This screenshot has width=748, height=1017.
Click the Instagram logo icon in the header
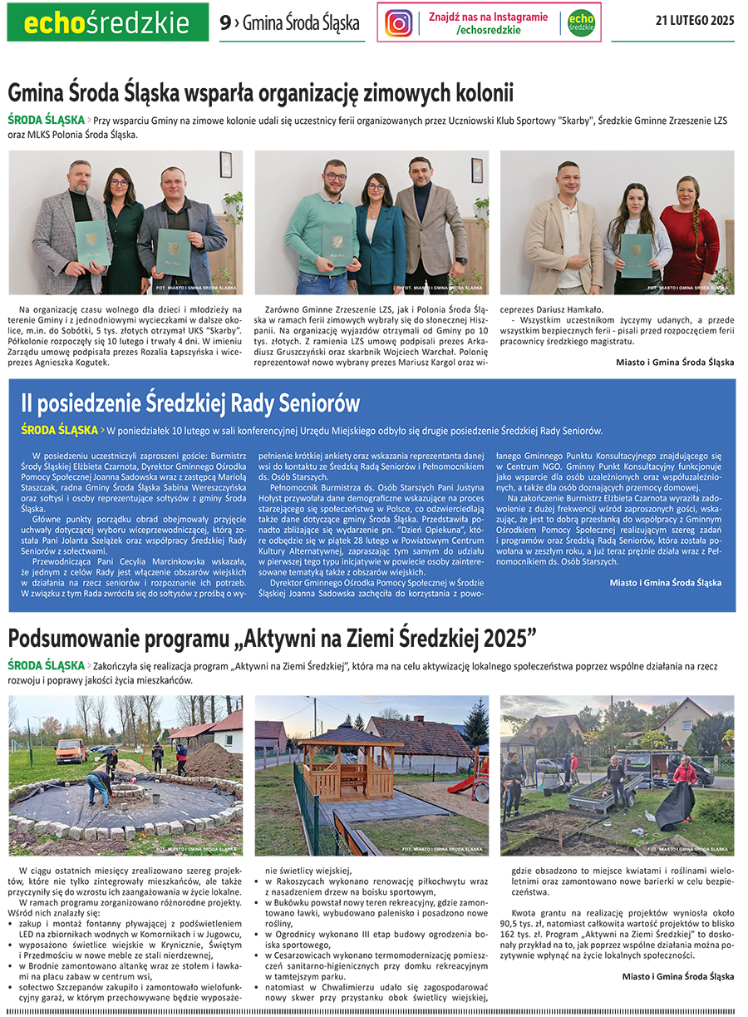click(399, 22)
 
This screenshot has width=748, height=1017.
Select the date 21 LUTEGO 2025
click(695, 22)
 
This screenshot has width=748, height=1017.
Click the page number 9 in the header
click(225, 23)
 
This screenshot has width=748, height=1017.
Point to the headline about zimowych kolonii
click(261, 91)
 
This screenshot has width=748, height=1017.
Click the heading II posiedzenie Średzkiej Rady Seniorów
click(190, 403)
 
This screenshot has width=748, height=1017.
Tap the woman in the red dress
click(689, 240)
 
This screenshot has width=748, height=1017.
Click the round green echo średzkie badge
click(582, 22)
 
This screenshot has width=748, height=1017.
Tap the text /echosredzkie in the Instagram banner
click(489, 30)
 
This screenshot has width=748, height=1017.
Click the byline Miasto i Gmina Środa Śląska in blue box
click(665, 583)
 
